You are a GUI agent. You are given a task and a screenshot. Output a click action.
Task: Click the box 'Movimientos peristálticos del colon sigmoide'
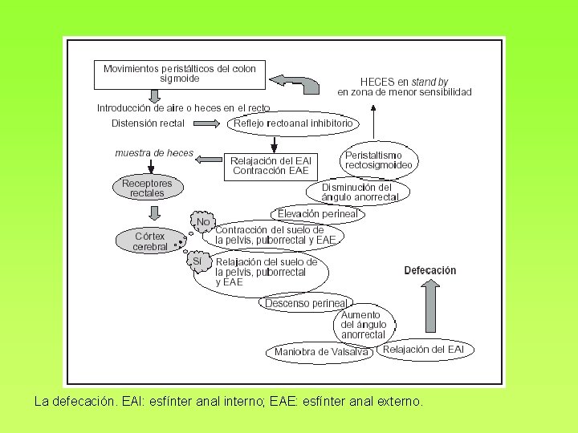pos(179,73)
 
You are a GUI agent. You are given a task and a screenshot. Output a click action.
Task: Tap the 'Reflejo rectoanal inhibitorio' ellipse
pos(293,123)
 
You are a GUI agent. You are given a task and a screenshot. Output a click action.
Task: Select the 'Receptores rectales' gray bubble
pos(147,188)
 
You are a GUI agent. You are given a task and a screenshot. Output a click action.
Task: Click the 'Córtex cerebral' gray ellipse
pos(150,241)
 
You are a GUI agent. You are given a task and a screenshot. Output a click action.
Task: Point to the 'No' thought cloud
pos(202,222)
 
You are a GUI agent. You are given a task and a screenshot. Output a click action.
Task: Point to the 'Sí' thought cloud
pos(198,262)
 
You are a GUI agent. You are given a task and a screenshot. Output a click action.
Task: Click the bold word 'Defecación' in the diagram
pos(429,270)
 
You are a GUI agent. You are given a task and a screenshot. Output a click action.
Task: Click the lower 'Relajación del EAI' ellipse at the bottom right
pos(423,349)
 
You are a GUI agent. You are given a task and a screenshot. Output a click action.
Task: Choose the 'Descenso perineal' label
pos(306,303)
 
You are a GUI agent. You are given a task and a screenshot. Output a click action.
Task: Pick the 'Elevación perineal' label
pos(317,214)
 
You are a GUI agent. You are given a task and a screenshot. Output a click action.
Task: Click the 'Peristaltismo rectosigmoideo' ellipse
pos(379,160)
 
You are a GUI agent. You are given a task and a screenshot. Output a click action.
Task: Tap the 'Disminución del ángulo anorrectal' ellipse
pos(360,192)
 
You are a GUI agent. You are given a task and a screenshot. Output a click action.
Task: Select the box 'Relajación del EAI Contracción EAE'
pos(270,165)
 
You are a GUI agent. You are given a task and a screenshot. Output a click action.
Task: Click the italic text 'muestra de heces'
pos(154,153)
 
